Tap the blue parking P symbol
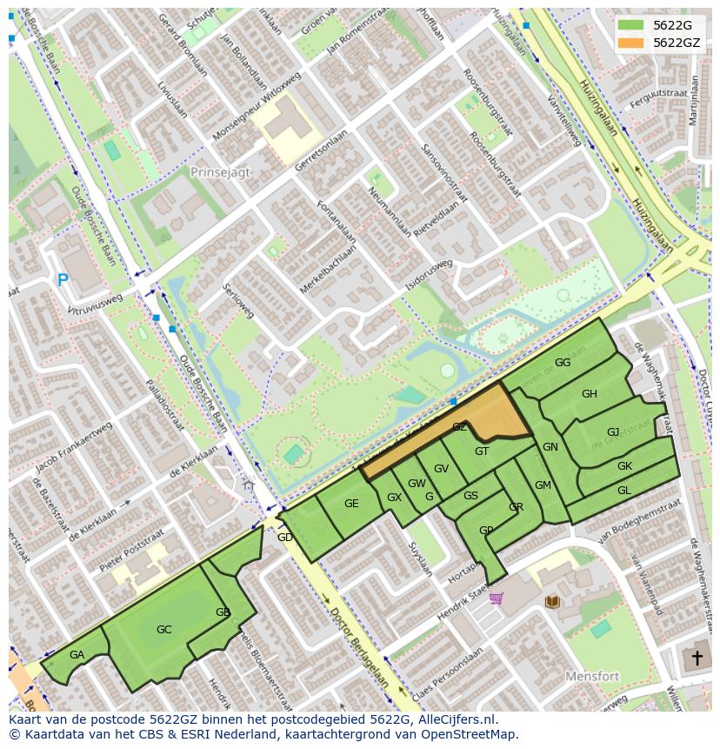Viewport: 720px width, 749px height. point(63,280)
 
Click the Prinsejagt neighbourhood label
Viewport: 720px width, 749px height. point(220,172)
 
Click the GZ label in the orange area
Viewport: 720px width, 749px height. point(460,427)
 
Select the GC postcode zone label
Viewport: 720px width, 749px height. point(163,629)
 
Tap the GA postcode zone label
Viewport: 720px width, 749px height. point(77,655)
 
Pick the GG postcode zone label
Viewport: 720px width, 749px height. point(563,363)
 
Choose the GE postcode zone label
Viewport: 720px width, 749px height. point(351,504)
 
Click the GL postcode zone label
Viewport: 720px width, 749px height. point(623,491)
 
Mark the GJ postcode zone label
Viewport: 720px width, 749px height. point(613,432)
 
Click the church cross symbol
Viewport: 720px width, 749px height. point(696,658)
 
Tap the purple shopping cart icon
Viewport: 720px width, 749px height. point(496,598)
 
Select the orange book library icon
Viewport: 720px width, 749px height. point(551,601)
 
